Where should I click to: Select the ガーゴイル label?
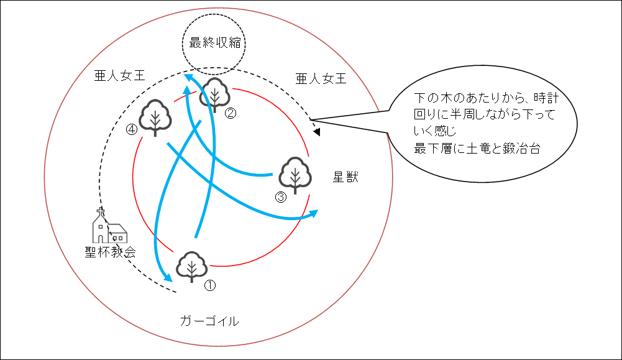point(209,321)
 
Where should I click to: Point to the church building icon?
point(109,228)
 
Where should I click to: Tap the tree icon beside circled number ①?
point(191,267)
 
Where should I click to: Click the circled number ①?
point(210,285)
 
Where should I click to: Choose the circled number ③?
point(280,198)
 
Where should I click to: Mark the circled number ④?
point(131,130)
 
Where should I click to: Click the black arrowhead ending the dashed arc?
point(317,132)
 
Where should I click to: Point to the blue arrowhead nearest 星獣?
point(314,213)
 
